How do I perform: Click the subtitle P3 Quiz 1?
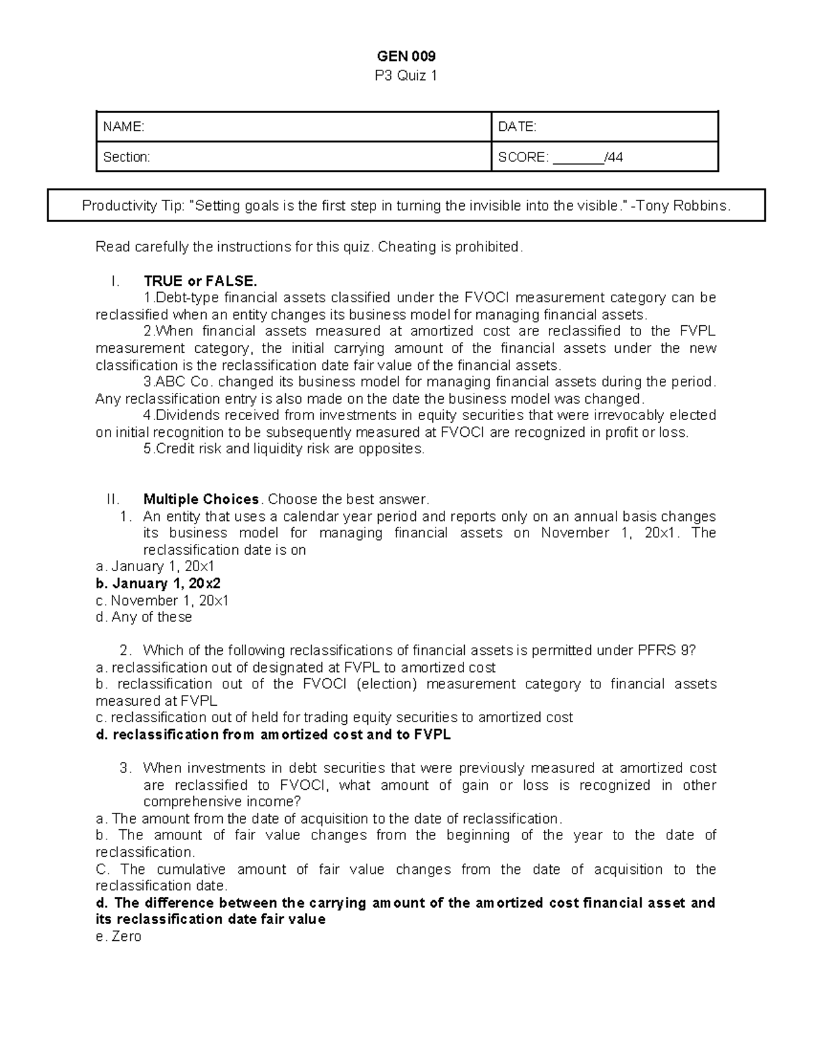(x=406, y=75)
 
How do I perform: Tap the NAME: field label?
(x=123, y=127)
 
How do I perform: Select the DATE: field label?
(x=517, y=127)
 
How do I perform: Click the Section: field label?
(x=126, y=157)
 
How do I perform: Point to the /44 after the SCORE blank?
(x=614, y=157)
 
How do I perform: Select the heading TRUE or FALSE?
(x=200, y=280)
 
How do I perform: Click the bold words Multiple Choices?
(x=201, y=499)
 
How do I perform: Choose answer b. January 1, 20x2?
(x=159, y=583)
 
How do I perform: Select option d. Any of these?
(x=144, y=617)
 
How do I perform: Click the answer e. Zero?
(x=119, y=936)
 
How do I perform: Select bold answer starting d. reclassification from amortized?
(x=273, y=734)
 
